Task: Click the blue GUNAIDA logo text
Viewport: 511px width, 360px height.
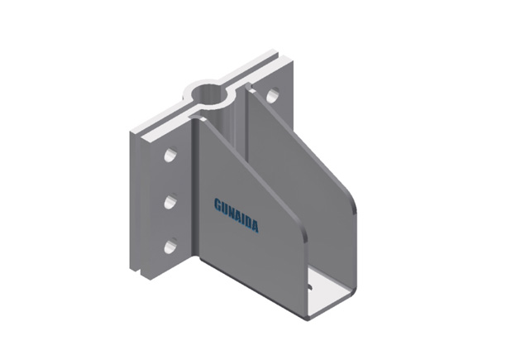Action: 236,215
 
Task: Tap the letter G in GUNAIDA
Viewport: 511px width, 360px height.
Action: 217,204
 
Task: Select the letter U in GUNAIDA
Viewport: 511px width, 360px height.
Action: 224,208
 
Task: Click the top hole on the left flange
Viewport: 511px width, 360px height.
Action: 170,155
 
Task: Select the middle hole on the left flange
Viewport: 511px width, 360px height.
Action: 170,201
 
